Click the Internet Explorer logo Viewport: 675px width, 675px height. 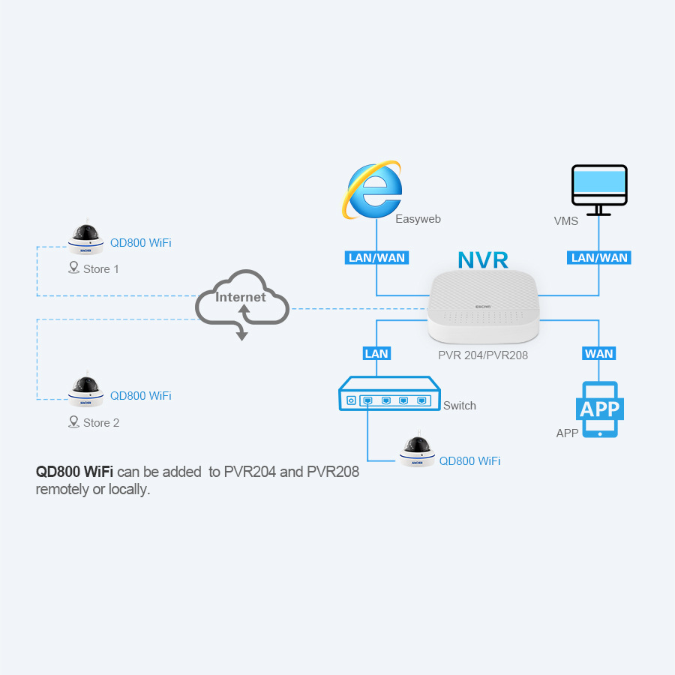tap(373, 190)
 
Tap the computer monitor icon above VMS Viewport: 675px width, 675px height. tap(599, 190)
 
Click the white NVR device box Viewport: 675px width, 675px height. tap(484, 307)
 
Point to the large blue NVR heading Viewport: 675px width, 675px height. tap(483, 260)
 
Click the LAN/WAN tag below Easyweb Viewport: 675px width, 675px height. tap(376, 258)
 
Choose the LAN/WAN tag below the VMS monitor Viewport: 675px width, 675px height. tap(598, 258)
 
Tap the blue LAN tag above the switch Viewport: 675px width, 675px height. tap(376, 353)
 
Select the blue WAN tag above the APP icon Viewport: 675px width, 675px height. tap(598, 353)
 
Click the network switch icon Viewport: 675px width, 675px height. tap(389, 394)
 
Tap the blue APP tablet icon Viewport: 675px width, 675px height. tap(600, 409)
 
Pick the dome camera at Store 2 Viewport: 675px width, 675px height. tap(86, 390)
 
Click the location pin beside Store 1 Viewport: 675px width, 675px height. tap(74, 268)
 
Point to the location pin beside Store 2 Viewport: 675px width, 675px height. tap(74, 421)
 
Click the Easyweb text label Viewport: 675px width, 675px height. tap(418, 219)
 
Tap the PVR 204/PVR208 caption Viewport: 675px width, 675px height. tap(483, 355)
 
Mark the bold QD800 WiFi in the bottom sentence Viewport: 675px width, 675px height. tap(74, 472)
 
